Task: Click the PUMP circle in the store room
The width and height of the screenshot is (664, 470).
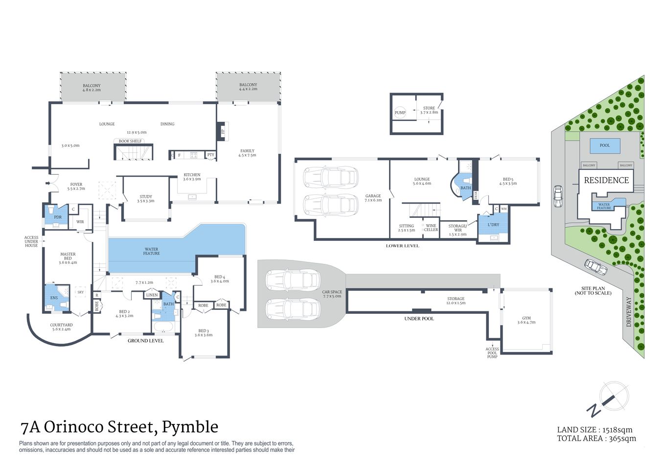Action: (x=400, y=113)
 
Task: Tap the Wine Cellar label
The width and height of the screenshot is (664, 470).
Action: (x=431, y=228)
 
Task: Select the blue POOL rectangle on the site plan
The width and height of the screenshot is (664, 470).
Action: (x=605, y=145)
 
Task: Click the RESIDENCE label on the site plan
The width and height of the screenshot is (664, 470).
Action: (x=606, y=180)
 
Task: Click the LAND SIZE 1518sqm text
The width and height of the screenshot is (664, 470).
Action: (x=595, y=430)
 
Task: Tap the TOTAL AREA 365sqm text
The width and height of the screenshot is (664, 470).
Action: (x=596, y=439)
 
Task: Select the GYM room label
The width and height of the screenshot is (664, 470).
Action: (x=526, y=320)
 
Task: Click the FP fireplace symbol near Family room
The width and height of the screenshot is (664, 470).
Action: (x=223, y=131)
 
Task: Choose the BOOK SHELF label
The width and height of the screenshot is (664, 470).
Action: (x=130, y=141)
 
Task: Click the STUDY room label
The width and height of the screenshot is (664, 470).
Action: (x=146, y=198)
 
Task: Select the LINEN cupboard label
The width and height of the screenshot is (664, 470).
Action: (x=152, y=295)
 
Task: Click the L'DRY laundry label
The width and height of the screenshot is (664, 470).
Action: (x=493, y=225)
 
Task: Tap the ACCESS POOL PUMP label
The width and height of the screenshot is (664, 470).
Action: (x=492, y=352)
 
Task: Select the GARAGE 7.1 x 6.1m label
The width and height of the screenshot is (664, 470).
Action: (x=373, y=198)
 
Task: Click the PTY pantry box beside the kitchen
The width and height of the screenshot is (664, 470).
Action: (x=211, y=155)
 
